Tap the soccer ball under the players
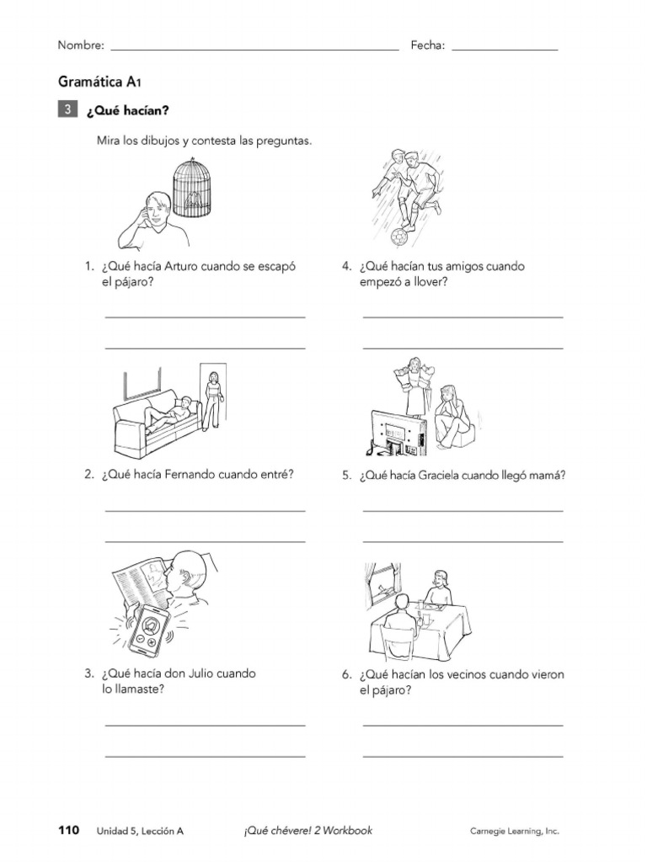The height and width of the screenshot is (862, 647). pos(399,237)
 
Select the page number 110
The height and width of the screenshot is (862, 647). pos(69,831)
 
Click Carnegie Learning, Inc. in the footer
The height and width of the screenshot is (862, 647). pos(514,832)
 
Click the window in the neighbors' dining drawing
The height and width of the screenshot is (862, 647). pos(384,578)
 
